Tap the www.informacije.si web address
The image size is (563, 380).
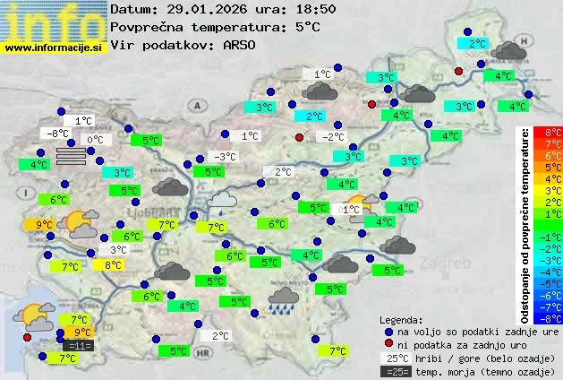pyautogui.click(x=54, y=47)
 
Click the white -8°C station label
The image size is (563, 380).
pyautogui.click(x=58, y=134)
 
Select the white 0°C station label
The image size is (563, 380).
pyautogui.click(x=95, y=140)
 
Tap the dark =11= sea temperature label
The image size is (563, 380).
pyautogui.click(x=79, y=345)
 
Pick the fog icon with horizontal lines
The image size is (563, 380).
pyautogui.click(x=72, y=155)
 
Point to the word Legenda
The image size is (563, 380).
pyautogui.click(x=401, y=319)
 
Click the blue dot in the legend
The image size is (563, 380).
pyautogui.click(x=388, y=331)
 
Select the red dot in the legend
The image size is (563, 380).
pyautogui.click(x=388, y=344)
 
